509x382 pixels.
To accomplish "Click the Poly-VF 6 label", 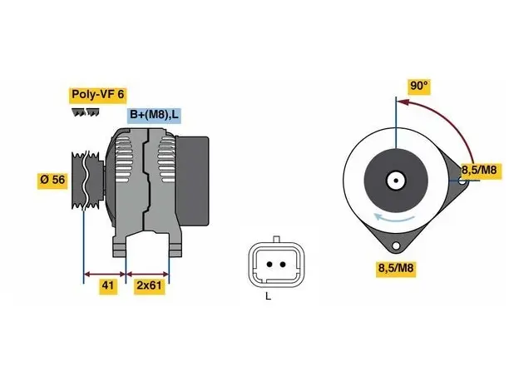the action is tap(97, 95).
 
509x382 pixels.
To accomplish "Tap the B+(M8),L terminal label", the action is tap(154, 115).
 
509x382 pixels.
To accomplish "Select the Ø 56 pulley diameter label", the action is tap(52, 180).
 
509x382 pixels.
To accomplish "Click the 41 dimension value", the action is tap(108, 285).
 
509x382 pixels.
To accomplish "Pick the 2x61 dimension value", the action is tap(150, 285).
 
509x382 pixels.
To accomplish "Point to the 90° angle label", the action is tap(419, 86).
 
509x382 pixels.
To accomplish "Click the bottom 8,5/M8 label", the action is tap(396, 268).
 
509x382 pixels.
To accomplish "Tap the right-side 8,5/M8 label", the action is tap(480, 170).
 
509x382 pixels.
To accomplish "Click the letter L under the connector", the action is tap(268, 296).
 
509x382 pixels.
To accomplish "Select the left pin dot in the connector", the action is tap(269, 265).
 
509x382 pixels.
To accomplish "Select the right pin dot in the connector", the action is tap(283, 265).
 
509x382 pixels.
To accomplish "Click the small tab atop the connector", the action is tap(277, 239).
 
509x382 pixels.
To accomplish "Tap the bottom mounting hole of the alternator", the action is tap(396, 246).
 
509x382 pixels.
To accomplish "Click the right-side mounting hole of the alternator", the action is tap(462, 181).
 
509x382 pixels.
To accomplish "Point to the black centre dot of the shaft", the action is tap(396, 181).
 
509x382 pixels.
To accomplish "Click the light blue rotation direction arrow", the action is tap(393, 219).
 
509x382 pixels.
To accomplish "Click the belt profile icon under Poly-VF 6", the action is tap(86, 112).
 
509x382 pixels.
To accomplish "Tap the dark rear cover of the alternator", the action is tap(192, 181).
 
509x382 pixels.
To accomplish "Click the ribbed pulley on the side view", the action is tap(87, 180).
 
